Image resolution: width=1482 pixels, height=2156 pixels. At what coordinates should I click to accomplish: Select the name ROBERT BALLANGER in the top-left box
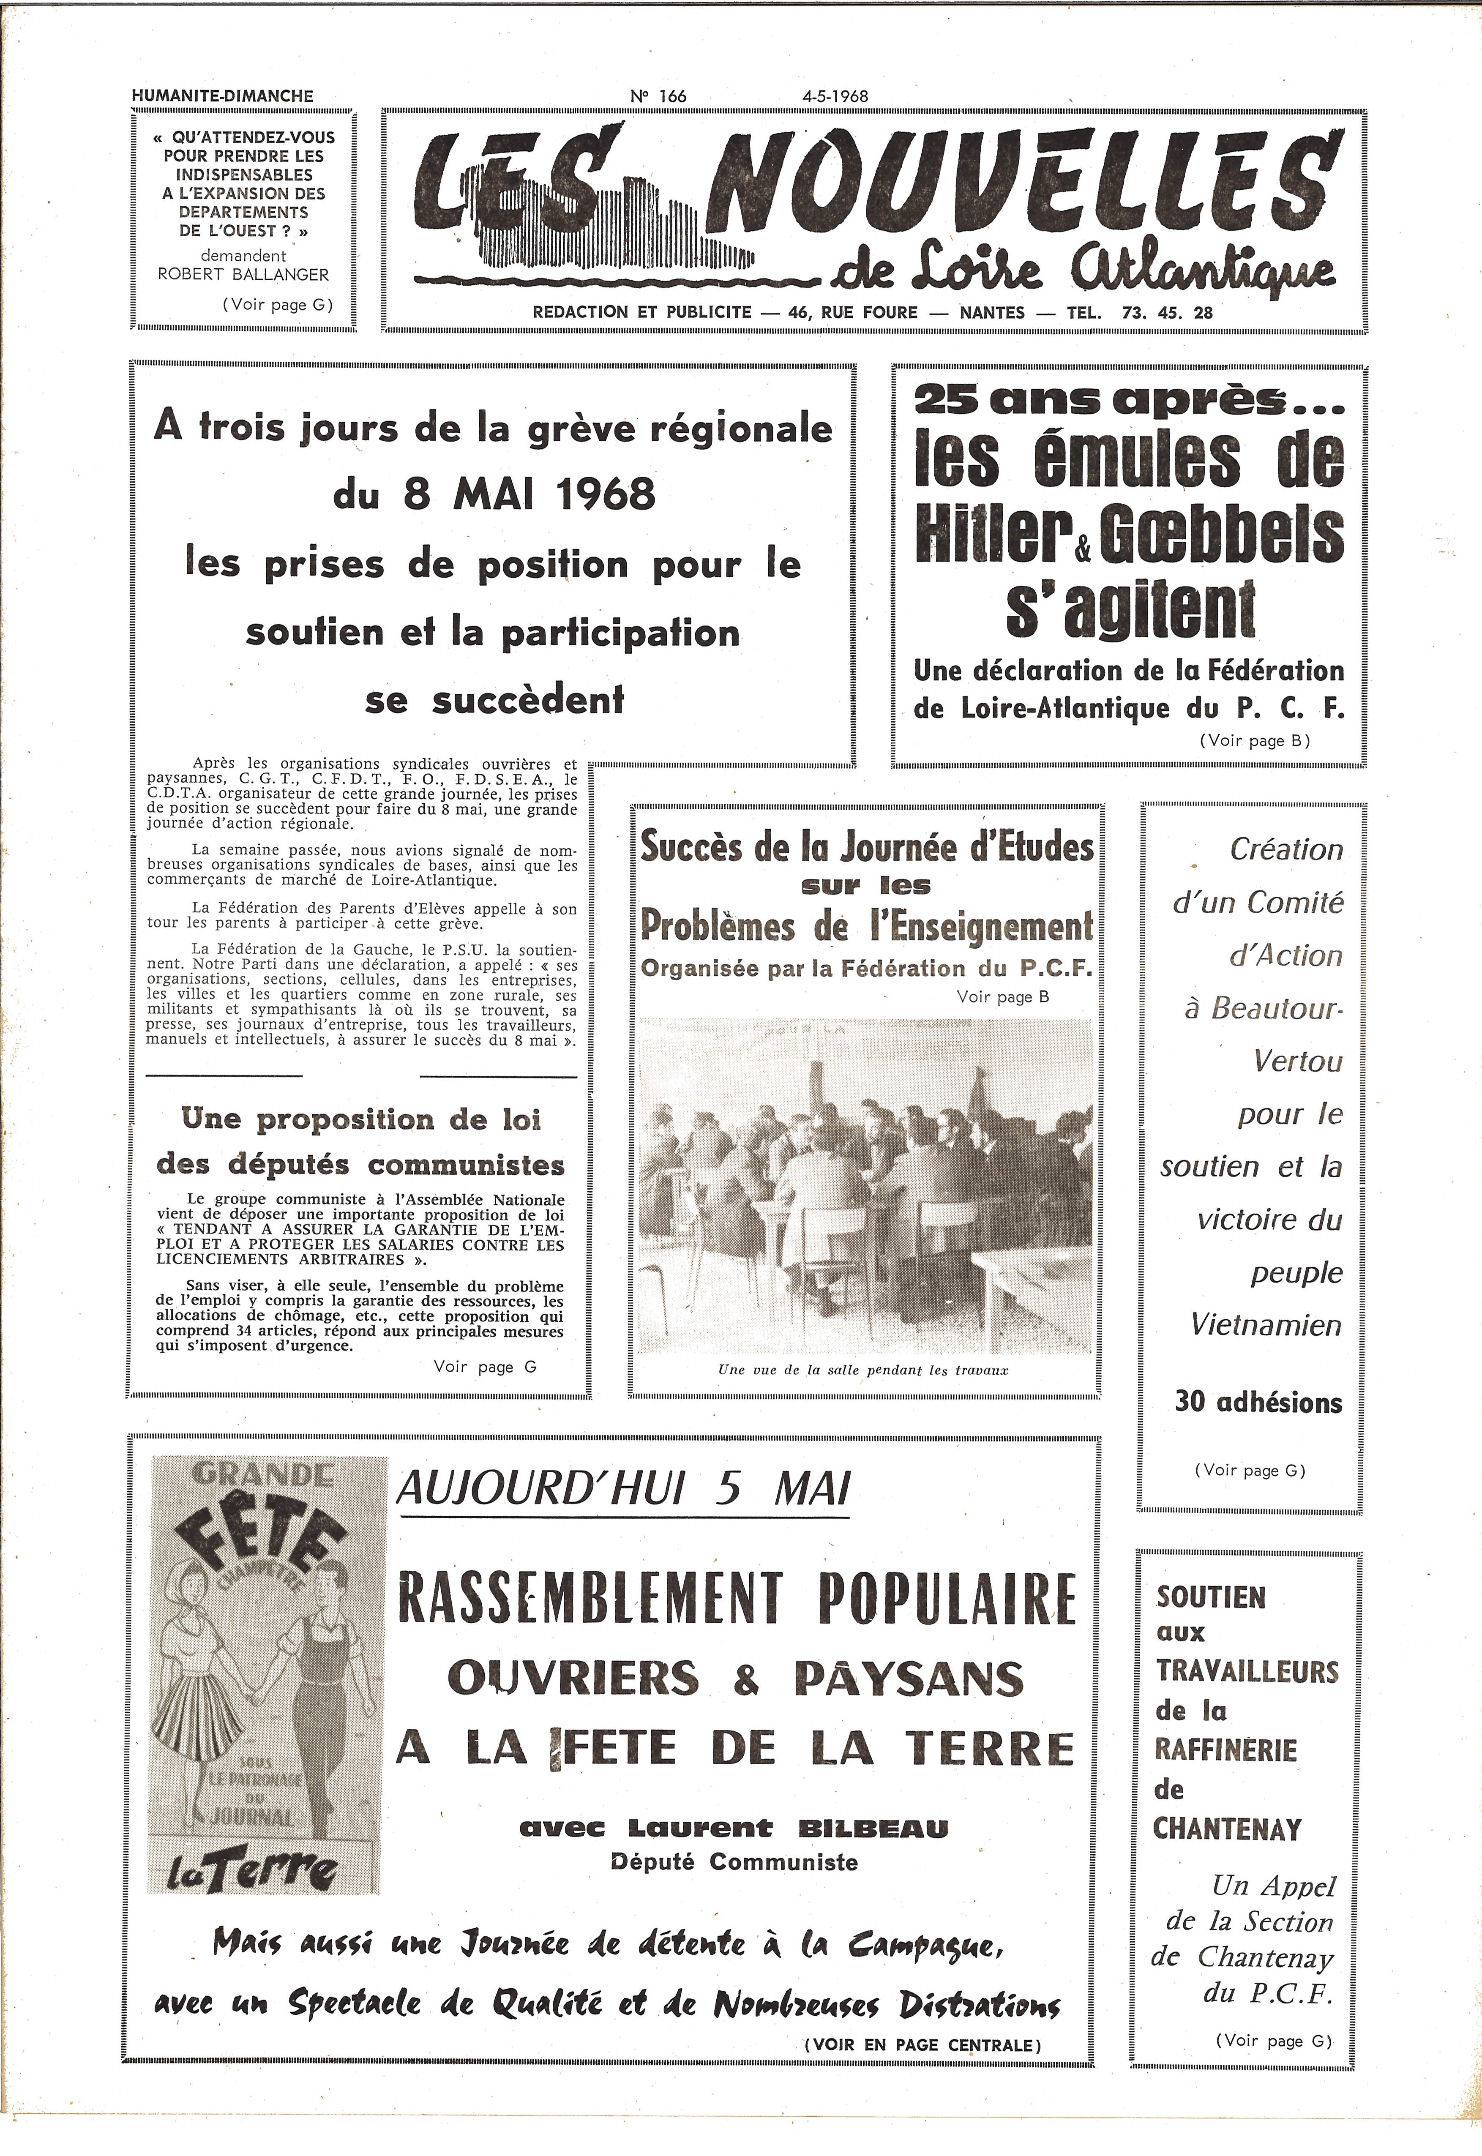coord(243,275)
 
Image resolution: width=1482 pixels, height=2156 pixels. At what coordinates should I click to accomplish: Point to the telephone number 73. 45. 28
coord(1167,313)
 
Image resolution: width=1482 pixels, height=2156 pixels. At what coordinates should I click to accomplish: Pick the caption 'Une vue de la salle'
coord(862,1370)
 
